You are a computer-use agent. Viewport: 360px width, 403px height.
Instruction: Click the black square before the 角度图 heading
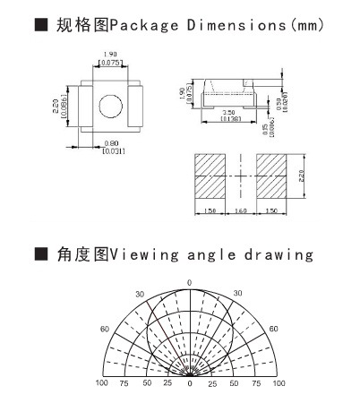tap(39, 255)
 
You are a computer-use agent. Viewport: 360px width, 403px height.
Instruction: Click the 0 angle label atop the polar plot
tap(189, 283)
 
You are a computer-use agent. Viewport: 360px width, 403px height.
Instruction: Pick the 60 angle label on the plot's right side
tap(274, 329)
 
